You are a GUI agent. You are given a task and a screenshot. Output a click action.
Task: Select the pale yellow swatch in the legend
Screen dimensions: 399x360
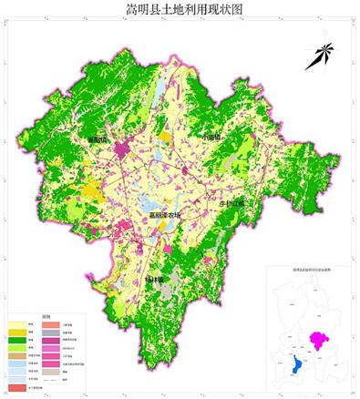[17, 324]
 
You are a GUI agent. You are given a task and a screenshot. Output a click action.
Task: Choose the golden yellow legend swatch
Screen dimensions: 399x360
[17, 332]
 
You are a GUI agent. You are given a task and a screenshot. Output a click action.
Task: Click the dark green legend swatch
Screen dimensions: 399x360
[17, 340]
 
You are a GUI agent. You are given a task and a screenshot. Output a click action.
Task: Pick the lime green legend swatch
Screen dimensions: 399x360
[17, 348]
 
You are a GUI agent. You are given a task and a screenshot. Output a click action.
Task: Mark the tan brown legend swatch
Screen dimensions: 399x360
[17, 356]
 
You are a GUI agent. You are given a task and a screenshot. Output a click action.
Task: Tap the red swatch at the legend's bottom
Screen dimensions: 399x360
[17, 387]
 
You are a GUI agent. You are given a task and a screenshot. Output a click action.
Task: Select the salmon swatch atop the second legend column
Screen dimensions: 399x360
[51, 325]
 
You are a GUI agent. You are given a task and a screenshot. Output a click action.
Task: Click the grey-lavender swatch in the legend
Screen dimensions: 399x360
[51, 332]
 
